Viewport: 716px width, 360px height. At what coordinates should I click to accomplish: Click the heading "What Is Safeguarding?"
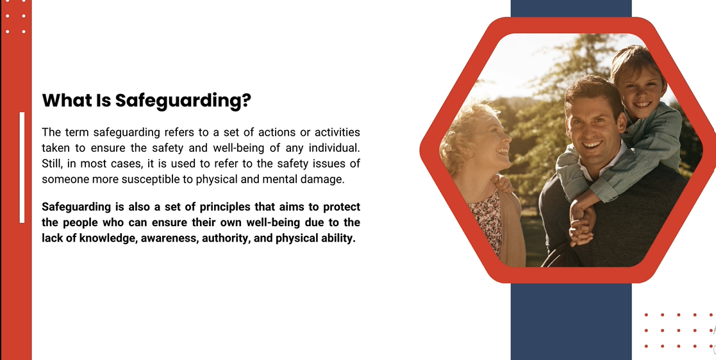(147, 101)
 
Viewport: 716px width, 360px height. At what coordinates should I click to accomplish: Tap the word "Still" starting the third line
(50, 163)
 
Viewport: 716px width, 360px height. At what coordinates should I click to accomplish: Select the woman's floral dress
(487, 219)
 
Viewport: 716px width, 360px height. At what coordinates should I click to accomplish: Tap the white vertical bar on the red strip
(22, 167)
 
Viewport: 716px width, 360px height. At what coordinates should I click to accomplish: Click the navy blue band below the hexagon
(570, 321)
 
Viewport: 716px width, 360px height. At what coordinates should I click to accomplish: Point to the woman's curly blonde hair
(463, 133)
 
